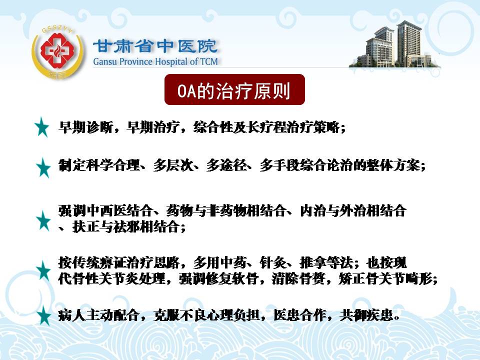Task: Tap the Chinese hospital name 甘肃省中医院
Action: (x=155, y=46)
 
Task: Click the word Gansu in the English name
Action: (x=105, y=61)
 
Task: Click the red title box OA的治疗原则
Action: (x=234, y=89)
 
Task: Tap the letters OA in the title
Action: (x=186, y=91)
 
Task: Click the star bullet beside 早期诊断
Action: (x=42, y=126)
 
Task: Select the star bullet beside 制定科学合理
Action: (x=43, y=167)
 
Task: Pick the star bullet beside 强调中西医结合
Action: (x=43, y=220)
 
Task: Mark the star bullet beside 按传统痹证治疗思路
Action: (x=43, y=271)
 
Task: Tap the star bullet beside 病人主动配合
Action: (x=43, y=315)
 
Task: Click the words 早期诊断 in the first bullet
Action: (x=85, y=127)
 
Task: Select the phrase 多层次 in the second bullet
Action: (x=173, y=165)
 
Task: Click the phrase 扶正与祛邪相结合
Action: (x=126, y=227)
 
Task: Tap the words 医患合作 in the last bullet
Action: (x=300, y=315)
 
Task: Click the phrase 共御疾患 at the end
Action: (x=366, y=315)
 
